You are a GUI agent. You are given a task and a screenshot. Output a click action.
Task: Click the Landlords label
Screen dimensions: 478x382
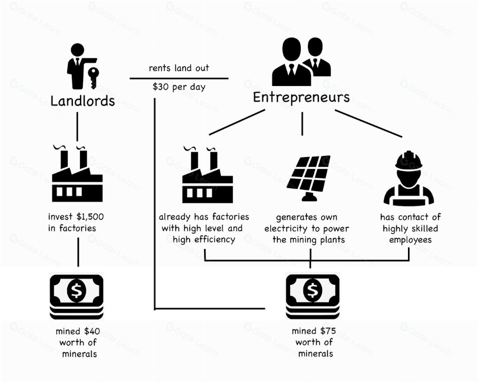(82, 101)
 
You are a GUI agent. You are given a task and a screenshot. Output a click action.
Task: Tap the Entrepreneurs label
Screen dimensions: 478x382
(301, 98)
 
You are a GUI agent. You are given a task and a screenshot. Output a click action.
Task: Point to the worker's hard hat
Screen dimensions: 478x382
(409, 160)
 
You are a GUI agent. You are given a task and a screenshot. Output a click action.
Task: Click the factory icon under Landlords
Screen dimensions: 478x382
(77, 173)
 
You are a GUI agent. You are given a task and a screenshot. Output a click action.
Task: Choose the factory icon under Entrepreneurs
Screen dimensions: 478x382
(208, 174)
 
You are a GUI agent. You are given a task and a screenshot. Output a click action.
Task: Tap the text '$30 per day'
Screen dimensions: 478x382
(179, 87)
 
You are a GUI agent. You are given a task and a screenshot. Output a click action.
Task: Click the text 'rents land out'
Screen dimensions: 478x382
(179, 68)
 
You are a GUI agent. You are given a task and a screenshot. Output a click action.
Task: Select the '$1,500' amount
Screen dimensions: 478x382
(90, 217)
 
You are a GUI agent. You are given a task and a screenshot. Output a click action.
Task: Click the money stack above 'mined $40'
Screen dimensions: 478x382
(77, 296)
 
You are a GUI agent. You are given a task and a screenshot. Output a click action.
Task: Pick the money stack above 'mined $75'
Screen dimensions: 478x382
(312, 296)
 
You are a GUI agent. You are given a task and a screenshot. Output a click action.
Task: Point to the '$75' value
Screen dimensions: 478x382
(328, 331)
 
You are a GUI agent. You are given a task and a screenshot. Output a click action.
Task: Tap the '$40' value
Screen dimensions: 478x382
(92, 331)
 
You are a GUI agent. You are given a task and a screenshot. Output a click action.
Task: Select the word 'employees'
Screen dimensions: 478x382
(410, 240)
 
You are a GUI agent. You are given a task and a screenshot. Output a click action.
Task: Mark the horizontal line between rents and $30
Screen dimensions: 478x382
(179, 78)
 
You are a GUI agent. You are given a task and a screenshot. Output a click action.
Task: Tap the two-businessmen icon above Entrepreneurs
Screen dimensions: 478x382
(301, 61)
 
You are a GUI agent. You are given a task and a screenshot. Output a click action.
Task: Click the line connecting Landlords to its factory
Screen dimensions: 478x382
(77, 127)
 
